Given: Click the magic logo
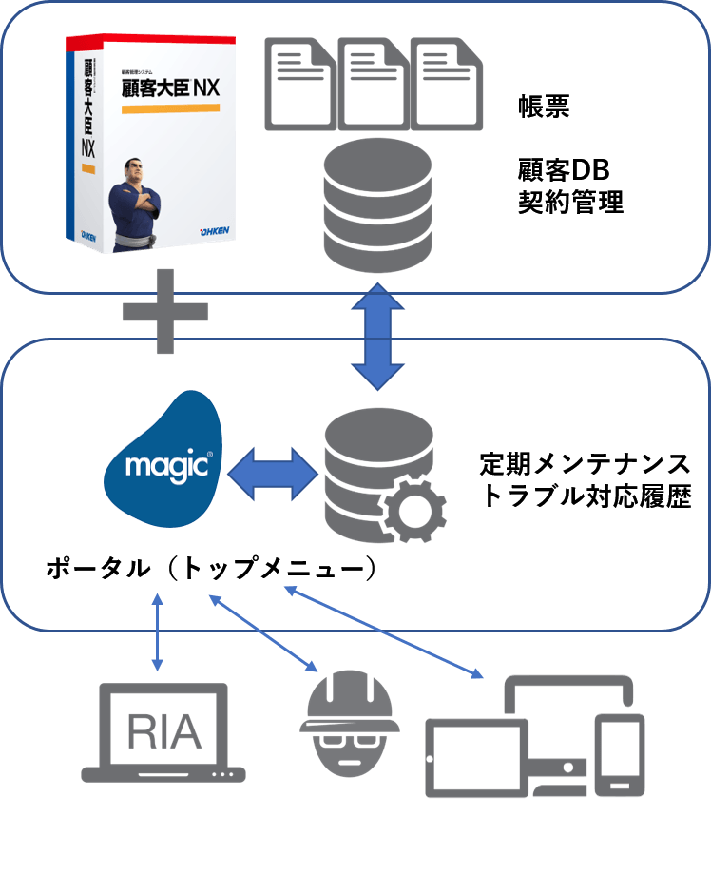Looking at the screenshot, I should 163,458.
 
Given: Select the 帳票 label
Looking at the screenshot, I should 544,107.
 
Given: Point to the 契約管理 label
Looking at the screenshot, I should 570,203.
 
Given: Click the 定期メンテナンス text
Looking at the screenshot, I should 584,465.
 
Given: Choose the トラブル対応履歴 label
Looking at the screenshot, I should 586,496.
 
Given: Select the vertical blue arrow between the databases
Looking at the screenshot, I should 378,336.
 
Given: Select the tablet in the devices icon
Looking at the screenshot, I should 476,756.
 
